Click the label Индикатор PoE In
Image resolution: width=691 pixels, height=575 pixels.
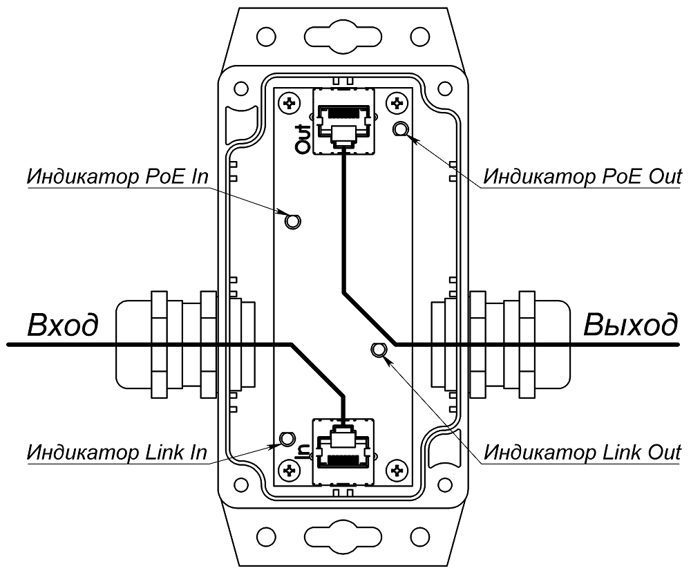[x=117, y=176]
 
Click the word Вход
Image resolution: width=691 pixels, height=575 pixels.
[x=62, y=325]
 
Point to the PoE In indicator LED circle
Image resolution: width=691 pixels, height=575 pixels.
[x=292, y=221]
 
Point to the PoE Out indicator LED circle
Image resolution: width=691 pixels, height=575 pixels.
[x=400, y=129]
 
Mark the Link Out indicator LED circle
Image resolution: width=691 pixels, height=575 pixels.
[x=378, y=350]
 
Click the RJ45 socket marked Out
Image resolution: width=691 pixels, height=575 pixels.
[x=344, y=121]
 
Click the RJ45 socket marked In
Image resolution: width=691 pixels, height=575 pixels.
[x=344, y=449]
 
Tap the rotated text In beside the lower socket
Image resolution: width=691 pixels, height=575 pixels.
[x=302, y=451]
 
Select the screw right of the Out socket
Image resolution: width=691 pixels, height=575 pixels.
[x=397, y=104]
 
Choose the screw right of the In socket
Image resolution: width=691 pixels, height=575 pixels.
[x=397, y=471]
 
